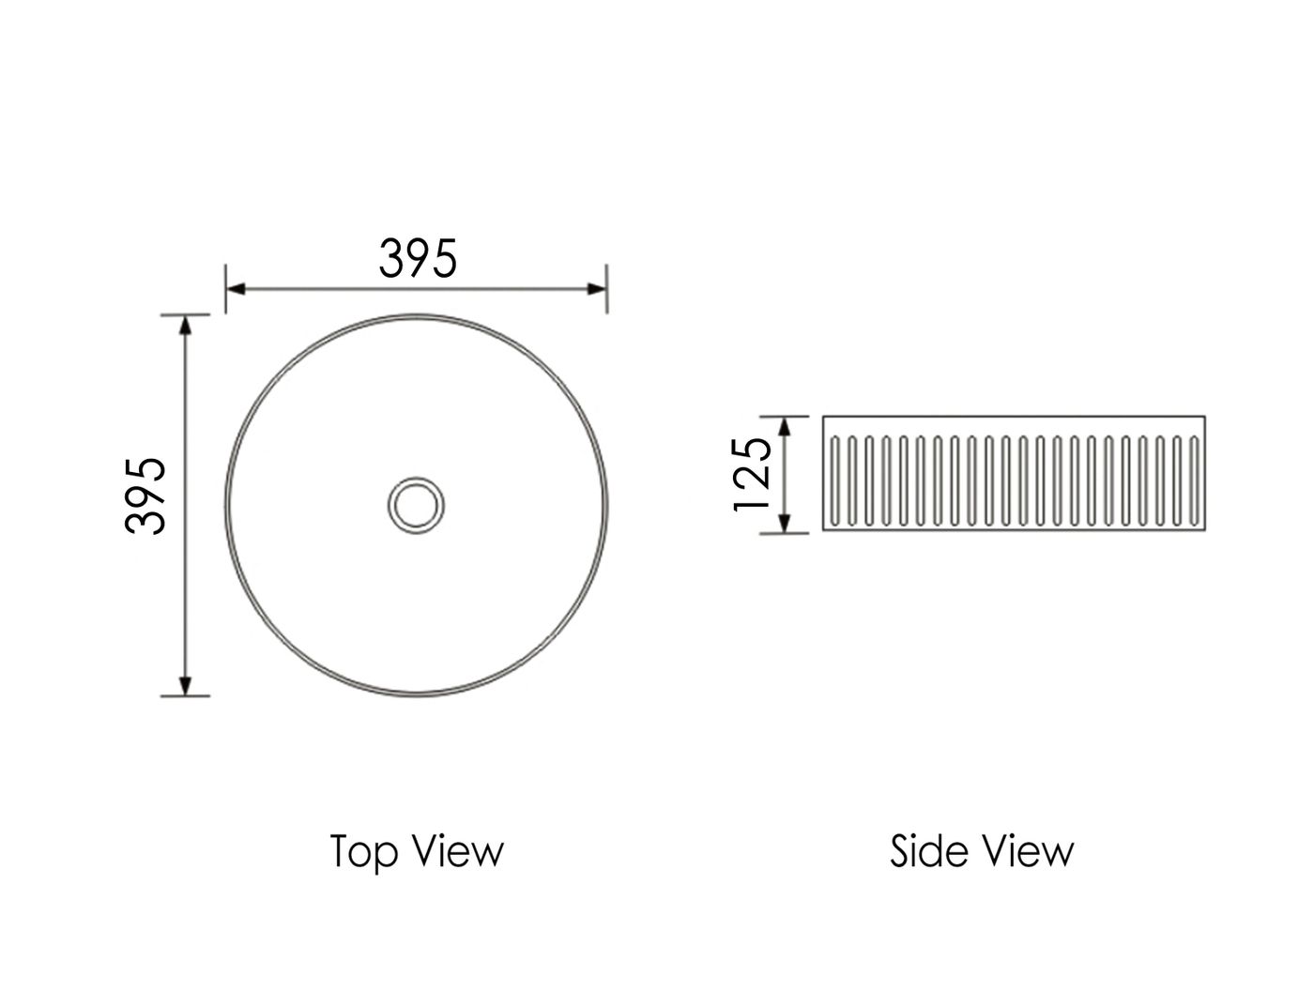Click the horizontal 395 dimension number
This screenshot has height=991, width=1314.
418,258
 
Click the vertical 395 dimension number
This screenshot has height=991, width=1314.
145,495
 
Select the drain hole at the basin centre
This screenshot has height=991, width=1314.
416,505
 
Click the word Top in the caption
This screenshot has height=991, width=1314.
363,851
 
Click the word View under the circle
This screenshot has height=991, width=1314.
459,850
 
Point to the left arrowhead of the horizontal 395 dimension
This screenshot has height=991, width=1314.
236,289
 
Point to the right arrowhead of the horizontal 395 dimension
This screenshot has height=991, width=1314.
596,289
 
